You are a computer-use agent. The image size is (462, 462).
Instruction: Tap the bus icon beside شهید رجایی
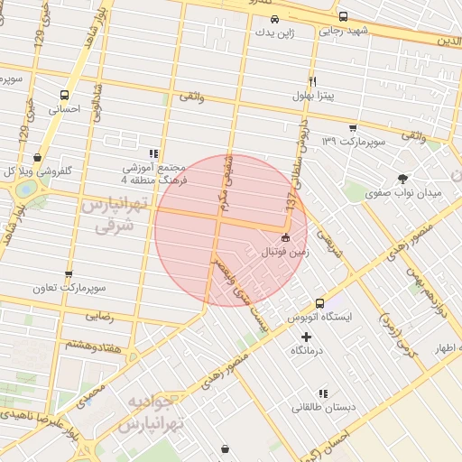(x=343, y=16)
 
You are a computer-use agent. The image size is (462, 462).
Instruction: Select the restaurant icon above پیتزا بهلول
(x=312, y=80)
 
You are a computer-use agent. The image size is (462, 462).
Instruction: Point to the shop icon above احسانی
(x=64, y=94)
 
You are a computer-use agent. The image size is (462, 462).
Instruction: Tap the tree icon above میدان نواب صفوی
(x=402, y=179)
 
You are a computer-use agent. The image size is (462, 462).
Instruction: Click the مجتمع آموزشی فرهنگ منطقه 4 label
(x=153, y=174)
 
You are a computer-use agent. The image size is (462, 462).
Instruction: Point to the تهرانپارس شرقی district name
(x=114, y=216)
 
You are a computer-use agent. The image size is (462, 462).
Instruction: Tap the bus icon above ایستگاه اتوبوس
(x=319, y=303)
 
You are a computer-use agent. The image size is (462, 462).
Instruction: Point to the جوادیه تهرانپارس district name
(x=145, y=413)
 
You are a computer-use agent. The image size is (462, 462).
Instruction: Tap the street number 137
(x=291, y=206)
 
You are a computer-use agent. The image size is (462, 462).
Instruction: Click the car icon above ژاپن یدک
(x=275, y=18)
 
